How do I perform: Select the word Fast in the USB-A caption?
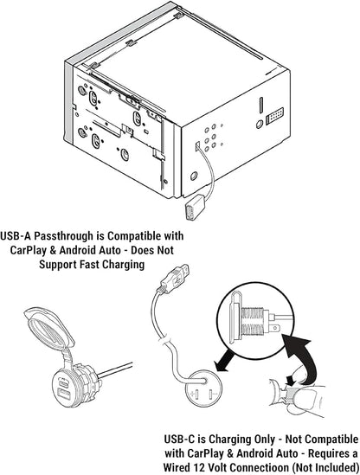(x=89, y=264)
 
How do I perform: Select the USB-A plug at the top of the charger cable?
(x=175, y=278)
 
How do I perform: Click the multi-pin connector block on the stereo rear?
(x=274, y=116)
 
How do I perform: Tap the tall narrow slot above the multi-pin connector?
(x=260, y=105)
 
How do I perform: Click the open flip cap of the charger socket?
(x=48, y=327)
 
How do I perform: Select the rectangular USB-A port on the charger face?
(x=65, y=395)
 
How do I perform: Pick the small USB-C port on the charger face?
(x=63, y=383)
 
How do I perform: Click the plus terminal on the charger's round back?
(x=196, y=395)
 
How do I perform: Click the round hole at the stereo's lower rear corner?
(x=194, y=176)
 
